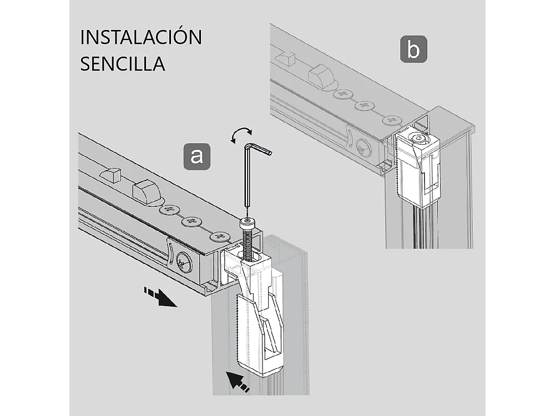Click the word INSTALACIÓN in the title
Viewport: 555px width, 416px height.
pyautogui.click(x=141, y=37)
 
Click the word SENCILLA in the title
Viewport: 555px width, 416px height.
pyautogui.click(x=123, y=63)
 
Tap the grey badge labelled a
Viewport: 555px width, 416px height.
pyautogui.click(x=196, y=156)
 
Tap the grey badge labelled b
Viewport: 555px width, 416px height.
pyautogui.click(x=413, y=49)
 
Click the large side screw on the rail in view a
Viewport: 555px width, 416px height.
pyautogui.click(x=184, y=263)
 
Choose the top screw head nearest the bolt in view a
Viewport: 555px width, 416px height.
pyautogui.click(x=219, y=237)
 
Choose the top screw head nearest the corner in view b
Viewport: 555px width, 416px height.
pyautogui.click(x=392, y=120)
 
